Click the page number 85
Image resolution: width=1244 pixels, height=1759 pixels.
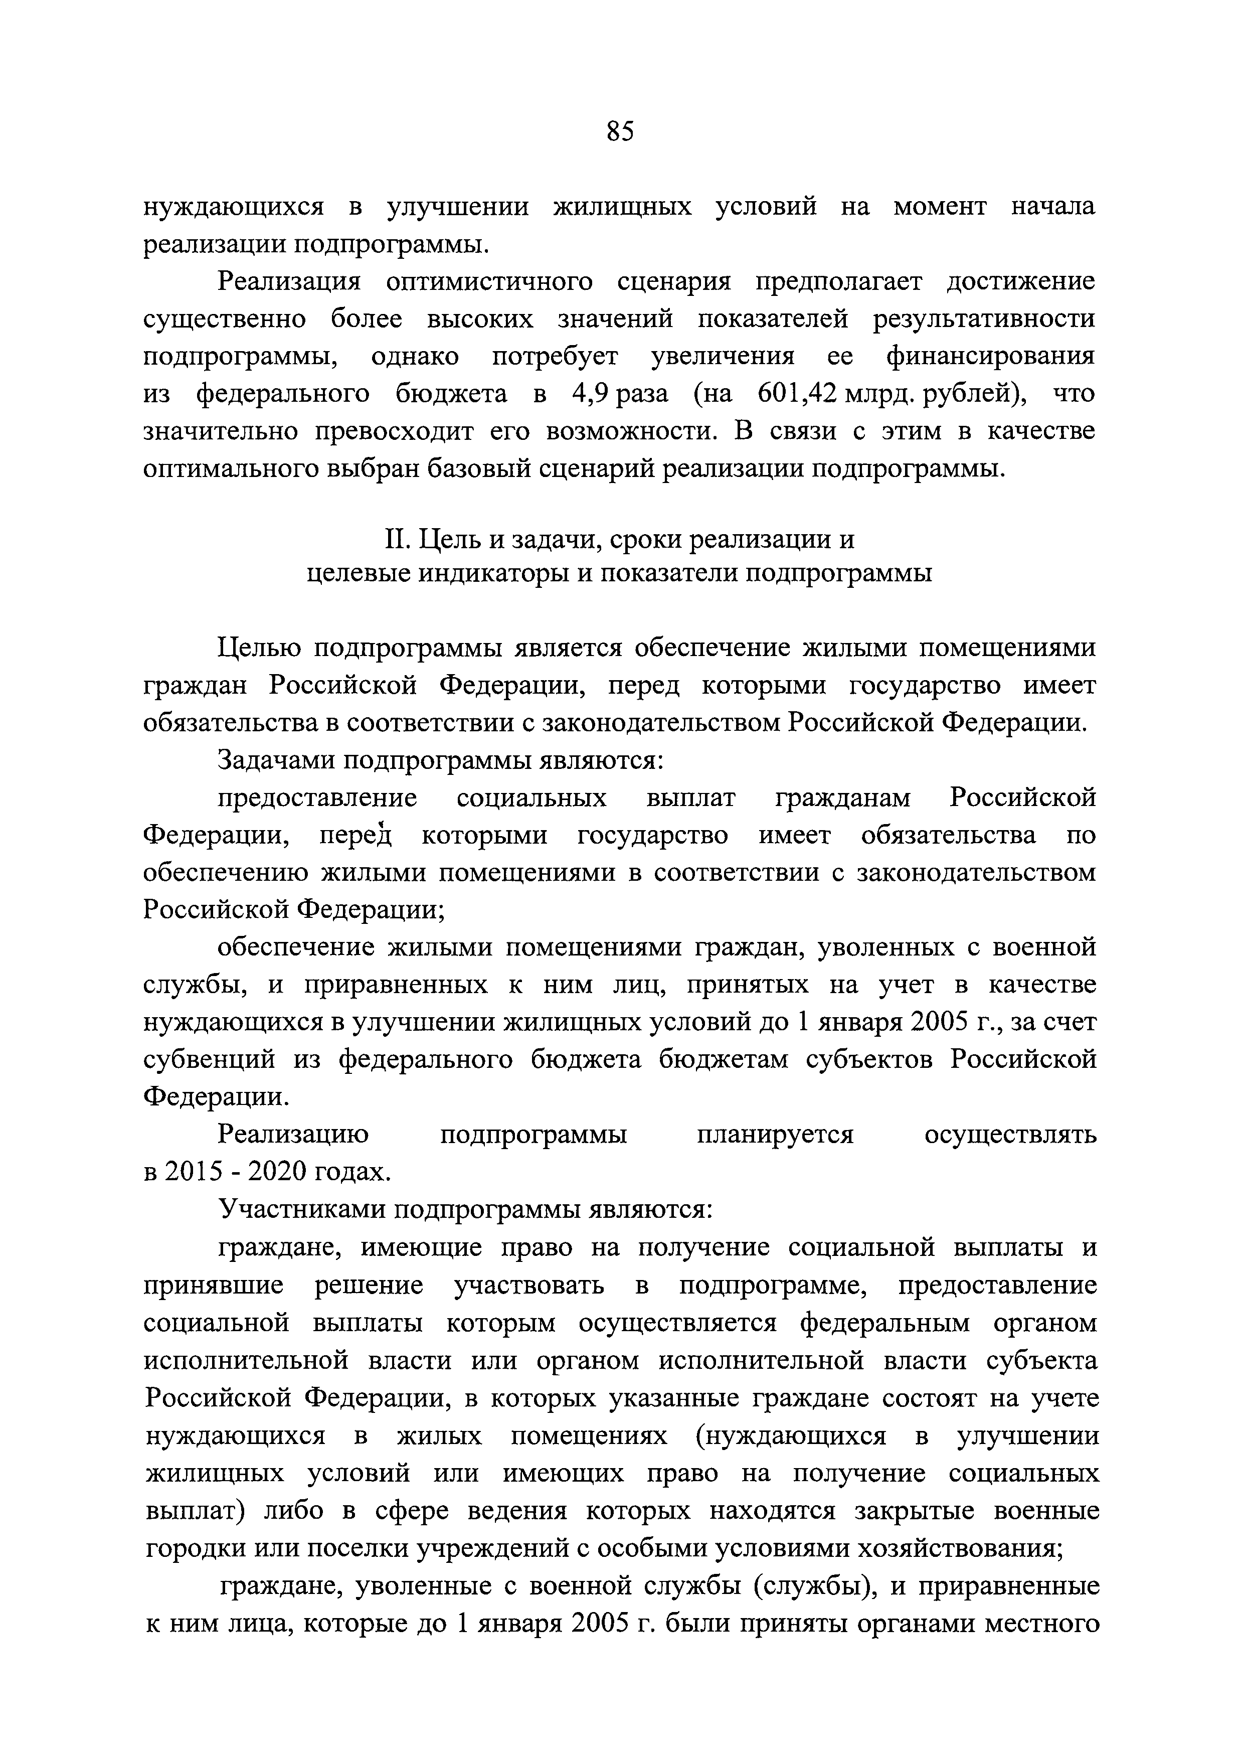click(x=620, y=132)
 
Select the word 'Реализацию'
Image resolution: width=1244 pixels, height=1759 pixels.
click(x=293, y=1135)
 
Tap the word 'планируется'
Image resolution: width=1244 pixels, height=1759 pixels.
click(x=775, y=1135)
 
